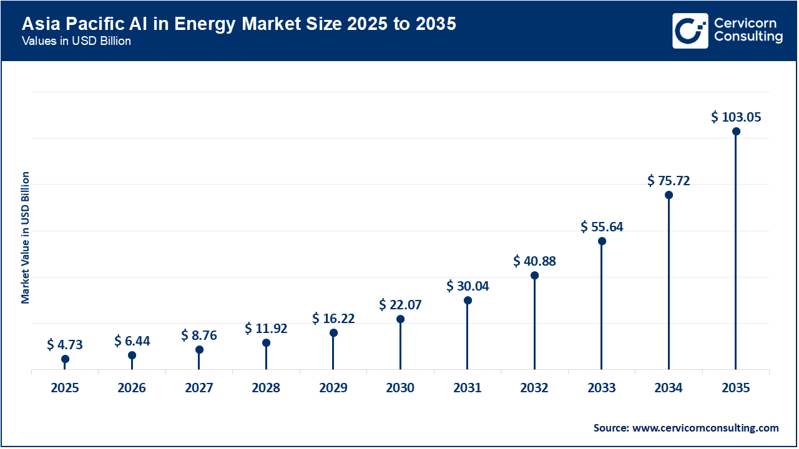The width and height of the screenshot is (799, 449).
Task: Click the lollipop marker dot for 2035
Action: [736, 132]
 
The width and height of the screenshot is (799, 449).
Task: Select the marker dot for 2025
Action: [65, 359]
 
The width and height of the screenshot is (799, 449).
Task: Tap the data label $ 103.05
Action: [736, 117]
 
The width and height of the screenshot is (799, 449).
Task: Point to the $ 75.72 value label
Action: [669, 181]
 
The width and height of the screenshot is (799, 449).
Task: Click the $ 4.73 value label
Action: [65, 345]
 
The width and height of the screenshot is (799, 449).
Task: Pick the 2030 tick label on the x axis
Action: [400, 388]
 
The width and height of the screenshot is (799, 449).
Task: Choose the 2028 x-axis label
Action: [266, 388]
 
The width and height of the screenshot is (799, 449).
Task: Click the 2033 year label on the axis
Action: [602, 388]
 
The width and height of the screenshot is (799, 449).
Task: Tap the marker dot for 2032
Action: [534, 276]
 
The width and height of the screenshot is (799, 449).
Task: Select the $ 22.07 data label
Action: [400, 305]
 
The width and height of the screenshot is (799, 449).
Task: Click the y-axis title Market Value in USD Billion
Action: [26, 237]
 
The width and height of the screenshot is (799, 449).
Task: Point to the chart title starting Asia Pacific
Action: [239, 24]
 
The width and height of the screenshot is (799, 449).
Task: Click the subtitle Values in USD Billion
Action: [76, 41]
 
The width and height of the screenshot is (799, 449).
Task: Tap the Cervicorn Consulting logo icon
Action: [690, 31]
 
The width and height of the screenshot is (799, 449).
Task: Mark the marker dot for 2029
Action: [333, 333]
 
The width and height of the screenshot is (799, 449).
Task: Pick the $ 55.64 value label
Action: [602, 227]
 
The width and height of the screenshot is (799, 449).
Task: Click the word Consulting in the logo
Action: [748, 37]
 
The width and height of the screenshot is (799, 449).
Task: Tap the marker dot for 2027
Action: [199, 350]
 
